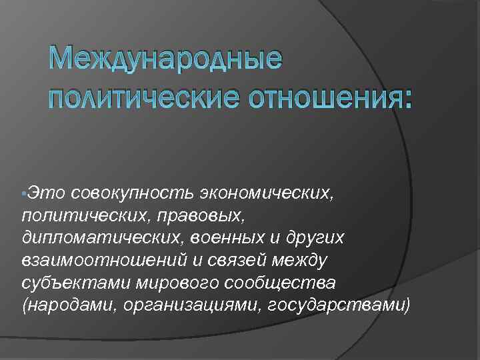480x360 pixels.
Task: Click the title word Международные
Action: (167, 62)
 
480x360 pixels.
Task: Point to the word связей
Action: (220, 261)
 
